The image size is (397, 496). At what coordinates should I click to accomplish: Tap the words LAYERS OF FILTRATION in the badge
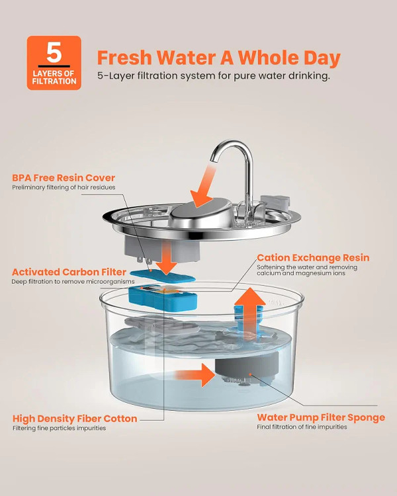(x=54, y=77)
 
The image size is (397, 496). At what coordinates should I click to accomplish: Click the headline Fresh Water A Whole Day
(x=219, y=58)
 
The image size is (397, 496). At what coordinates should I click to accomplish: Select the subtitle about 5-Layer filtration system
(x=214, y=76)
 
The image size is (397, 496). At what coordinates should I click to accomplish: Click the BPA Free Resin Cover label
(x=64, y=178)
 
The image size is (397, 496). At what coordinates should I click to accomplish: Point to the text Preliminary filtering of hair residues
(x=64, y=187)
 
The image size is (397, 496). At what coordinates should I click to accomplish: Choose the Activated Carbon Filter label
(x=69, y=272)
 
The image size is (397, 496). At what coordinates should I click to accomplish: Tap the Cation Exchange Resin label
(x=313, y=257)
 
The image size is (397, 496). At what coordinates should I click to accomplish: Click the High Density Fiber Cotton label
(x=75, y=419)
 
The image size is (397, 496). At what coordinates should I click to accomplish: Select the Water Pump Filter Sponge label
(x=321, y=417)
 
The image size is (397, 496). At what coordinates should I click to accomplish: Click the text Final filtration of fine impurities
(x=302, y=427)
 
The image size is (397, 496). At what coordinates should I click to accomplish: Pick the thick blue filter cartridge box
(x=163, y=298)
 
